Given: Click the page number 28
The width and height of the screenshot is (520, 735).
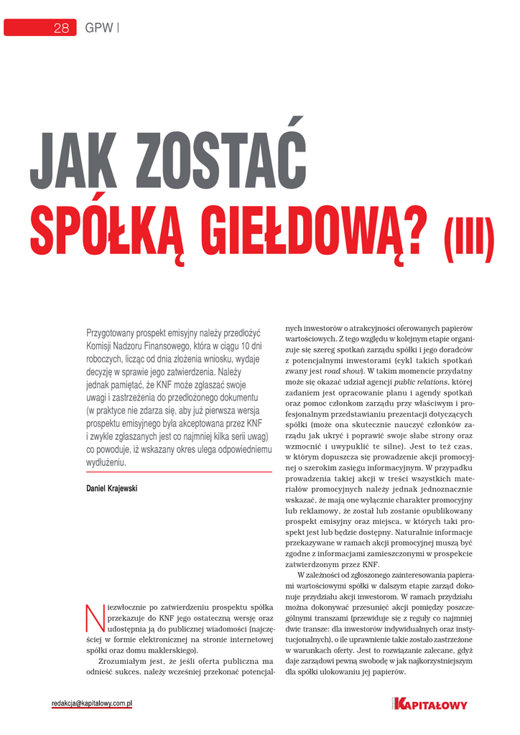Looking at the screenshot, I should [60, 28].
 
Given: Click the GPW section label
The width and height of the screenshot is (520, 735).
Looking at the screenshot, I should [99, 28].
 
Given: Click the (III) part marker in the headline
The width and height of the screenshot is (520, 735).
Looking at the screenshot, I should [470, 241].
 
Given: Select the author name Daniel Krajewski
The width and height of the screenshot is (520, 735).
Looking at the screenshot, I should [111, 489].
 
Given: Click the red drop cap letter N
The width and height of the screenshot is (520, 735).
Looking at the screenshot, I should [93, 616].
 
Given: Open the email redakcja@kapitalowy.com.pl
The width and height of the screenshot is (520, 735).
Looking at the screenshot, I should [92, 704].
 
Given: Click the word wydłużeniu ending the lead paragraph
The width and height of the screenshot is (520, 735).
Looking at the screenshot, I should [106, 463].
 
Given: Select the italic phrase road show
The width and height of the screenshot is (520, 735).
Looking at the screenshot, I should [342, 371].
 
